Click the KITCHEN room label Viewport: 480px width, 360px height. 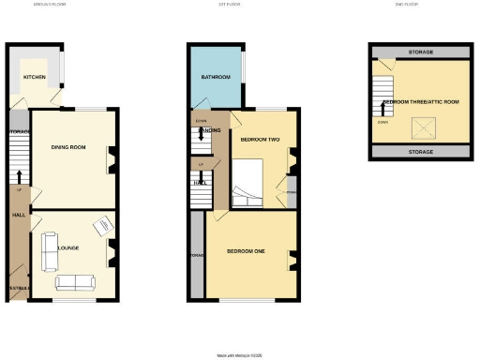pos(34,77)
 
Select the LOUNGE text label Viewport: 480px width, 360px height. pos(67,247)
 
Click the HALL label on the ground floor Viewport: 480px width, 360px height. pos(19,215)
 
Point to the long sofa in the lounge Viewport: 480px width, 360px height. pos(73,282)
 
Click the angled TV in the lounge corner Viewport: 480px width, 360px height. pos(100,227)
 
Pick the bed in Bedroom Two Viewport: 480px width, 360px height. pos(250,182)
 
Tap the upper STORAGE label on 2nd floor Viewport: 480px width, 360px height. pos(421,52)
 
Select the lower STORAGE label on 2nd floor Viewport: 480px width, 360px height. pos(421,151)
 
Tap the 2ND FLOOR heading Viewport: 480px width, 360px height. pos(420,5)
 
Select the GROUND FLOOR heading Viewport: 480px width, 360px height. pos(54,5)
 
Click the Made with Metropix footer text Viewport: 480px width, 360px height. pos(240,355)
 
